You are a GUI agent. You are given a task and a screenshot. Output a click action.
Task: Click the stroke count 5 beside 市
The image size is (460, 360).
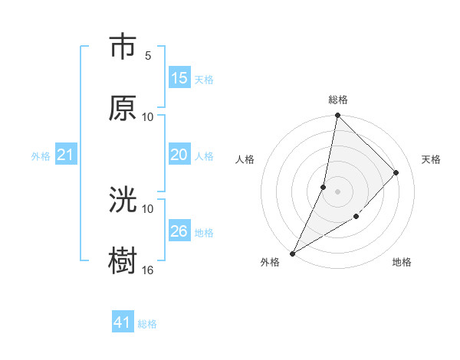pyautogui.click(x=147, y=56)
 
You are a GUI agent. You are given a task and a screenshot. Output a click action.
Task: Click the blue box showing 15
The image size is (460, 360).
pyautogui.click(x=179, y=78)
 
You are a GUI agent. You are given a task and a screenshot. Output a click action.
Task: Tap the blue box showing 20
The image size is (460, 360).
pyautogui.click(x=179, y=155)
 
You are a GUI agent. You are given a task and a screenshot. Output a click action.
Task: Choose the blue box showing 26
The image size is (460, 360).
pyautogui.click(x=179, y=231)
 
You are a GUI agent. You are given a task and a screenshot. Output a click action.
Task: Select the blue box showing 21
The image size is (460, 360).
pyautogui.click(x=66, y=155)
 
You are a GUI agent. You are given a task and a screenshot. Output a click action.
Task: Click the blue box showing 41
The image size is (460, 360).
pyautogui.click(x=123, y=322)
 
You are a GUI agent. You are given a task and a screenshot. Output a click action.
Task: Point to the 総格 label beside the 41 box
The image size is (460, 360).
pyautogui.click(x=147, y=324)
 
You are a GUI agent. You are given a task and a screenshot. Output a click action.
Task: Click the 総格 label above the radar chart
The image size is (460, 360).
pyautogui.click(x=338, y=100)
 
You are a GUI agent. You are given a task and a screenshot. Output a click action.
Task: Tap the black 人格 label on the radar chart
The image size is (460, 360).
pyautogui.click(x=245, y=159)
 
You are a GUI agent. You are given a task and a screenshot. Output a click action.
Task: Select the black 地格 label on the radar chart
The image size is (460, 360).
pyautogui.click(x=402, y=262)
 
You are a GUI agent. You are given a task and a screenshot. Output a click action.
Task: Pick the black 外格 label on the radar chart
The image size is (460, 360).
pyautogui.click(x=270, y=262)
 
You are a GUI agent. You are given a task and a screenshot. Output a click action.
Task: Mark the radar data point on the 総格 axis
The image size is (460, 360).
pyautogui.click(x=337, y=115)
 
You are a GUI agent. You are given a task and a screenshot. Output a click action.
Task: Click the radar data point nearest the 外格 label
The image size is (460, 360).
pyautogui.click(x=293, y=253)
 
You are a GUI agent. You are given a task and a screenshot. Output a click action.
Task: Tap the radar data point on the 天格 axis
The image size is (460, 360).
pyautogui.click(x=396, y=172)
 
